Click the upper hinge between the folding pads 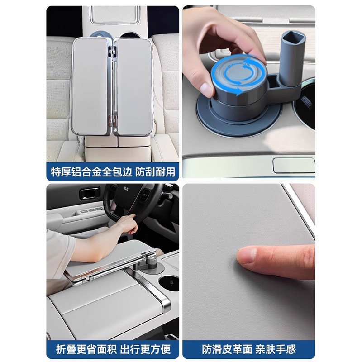[112, 52]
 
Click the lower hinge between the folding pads [112, 121]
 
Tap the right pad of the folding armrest [133, 86]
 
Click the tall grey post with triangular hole [292, 58]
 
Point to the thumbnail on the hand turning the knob [206, 90]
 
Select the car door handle [90, 194]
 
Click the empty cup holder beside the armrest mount [169, 282]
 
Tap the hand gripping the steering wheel [128, 223]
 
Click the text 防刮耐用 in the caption [155, 172]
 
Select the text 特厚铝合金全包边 [91, 172]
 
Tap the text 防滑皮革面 [227, 349]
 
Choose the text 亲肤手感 [276, 349]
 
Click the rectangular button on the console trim [294, 165]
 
